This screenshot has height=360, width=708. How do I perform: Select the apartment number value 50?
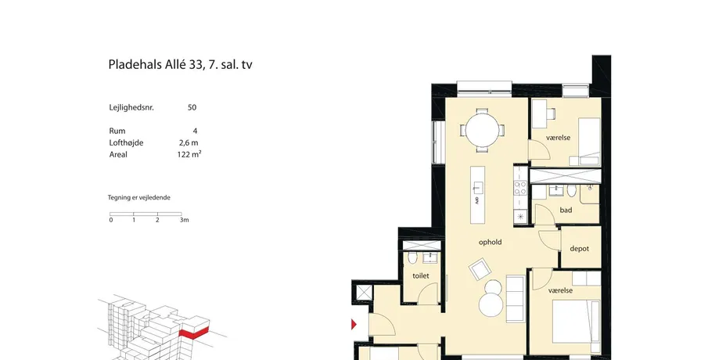(192, 107)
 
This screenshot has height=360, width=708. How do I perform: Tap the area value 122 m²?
(189, 154)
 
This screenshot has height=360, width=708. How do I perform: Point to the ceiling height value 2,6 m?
(189, 142)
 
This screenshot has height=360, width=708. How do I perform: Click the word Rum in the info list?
(117, 131)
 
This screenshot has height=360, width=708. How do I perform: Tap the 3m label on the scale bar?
(184, 220)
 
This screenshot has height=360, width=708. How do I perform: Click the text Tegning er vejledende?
(138, 197)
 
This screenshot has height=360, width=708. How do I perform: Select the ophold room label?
(490, 242)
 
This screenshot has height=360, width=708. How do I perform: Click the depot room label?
(580, 249)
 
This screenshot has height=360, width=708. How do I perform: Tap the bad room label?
(566, 210)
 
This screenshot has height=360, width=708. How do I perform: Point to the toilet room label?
(420, 275)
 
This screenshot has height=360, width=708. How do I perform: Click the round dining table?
(482, 130)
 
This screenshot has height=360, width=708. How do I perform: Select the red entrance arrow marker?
(354, 324)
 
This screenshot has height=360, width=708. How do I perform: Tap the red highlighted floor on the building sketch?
(194, 333)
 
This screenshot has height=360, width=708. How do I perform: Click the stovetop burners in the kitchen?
(520, 188)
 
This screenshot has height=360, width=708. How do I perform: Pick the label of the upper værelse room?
(558, 138)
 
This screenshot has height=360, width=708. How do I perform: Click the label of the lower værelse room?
(560, 290)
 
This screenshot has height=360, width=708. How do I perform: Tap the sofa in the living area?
(516, 298)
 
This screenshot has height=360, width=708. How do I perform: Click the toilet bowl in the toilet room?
(412, 258)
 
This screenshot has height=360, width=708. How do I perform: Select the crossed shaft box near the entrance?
(363, 292)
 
